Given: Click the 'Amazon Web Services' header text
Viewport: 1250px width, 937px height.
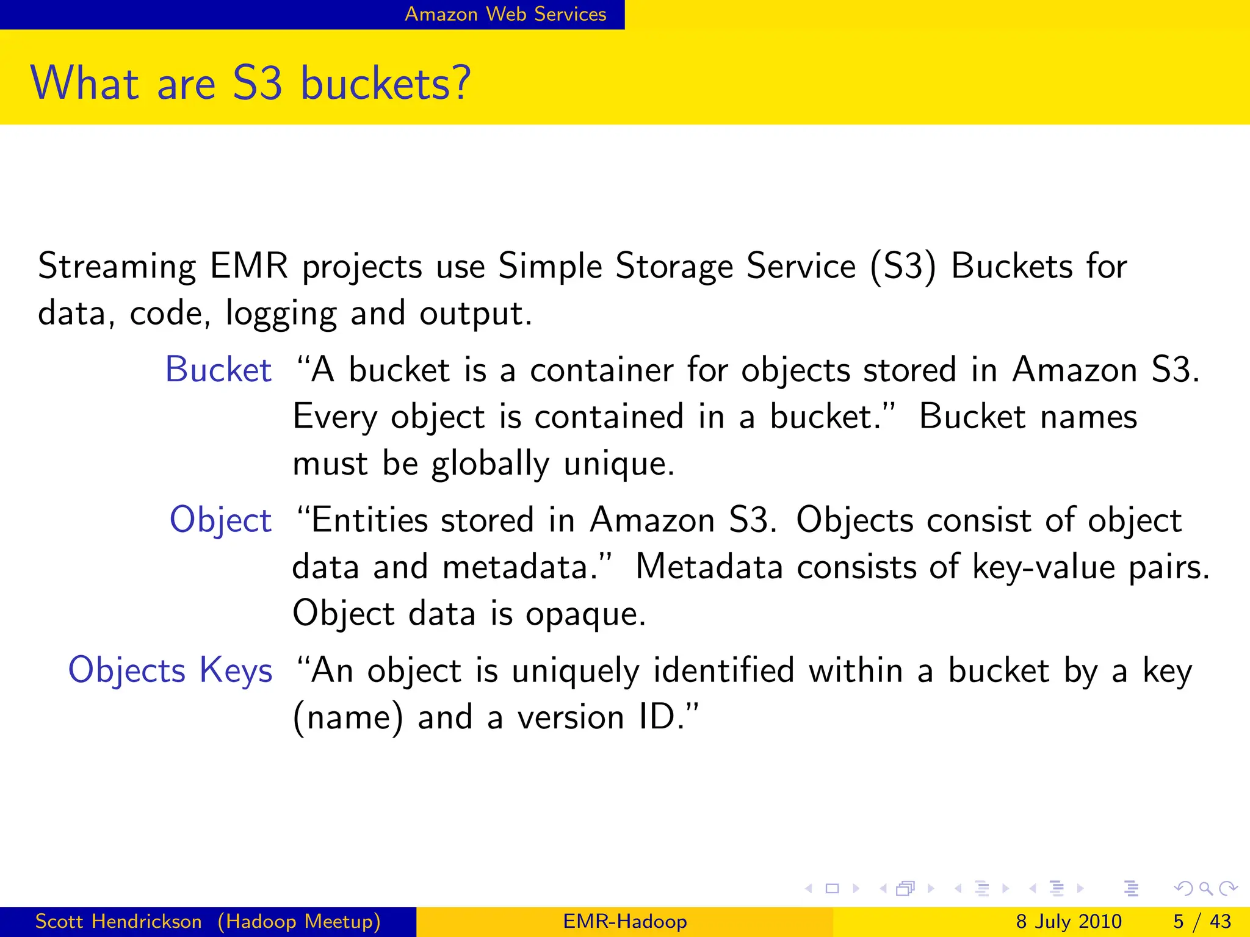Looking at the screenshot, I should pyautogui.click(x=505, y=14).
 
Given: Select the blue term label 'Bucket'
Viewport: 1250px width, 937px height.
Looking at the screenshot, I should pyautogui.click(x=218, y=370).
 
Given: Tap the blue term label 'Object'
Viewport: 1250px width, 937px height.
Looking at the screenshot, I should pyautogui.click(x=220, y=520).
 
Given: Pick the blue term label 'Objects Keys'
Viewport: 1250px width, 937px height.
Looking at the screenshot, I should pyautogui.click(x=170, y=670).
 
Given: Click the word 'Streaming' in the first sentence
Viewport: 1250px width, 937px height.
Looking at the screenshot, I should pyautogui.click(x=117, y=267).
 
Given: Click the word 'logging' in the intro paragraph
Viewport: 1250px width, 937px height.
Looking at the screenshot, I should pyautogui.click(x=281, y=314).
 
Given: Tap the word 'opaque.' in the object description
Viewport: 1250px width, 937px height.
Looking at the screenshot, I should pyautogui.click(x=585, y=614).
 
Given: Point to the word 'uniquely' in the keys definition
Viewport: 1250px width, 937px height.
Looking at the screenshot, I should pyautogui.click(x=575, y=670).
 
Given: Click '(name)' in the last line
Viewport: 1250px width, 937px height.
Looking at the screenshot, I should pyautogui.click(x=348, y=717).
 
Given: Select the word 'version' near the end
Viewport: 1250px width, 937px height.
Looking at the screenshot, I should pyautogui.click(x=571, y=717).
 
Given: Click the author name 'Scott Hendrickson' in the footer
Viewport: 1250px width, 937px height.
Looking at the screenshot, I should pyautogui.click(x=118, y=921).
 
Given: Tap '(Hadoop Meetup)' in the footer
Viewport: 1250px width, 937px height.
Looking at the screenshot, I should pyautogui.click(x=299, y=921).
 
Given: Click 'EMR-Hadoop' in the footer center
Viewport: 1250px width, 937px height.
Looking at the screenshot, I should pyautogui.click(x=625, y=921).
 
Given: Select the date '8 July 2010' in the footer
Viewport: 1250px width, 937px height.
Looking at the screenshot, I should pyautogui.click(x=1069, y=921).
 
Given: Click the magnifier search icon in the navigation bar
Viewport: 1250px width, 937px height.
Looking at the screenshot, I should pyautogui.click(x=1205, y=889).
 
